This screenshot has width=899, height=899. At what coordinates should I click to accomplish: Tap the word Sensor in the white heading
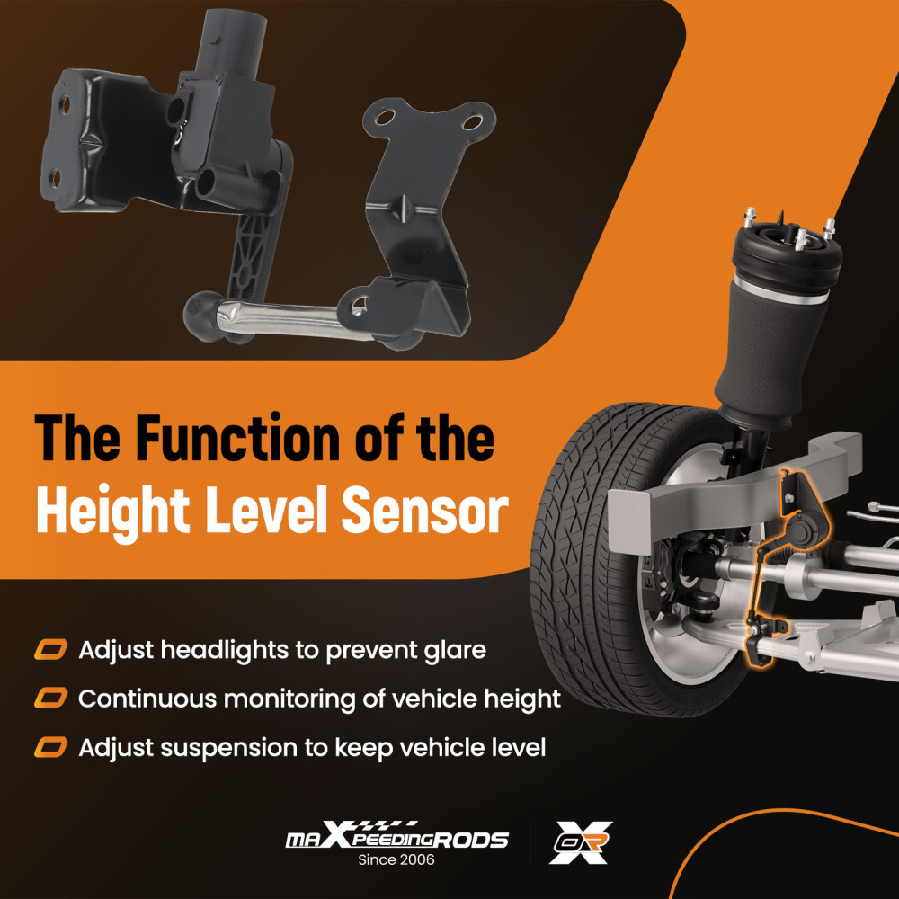(x=425, y=510)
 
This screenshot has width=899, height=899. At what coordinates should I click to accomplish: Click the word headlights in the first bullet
(x=224, y=650)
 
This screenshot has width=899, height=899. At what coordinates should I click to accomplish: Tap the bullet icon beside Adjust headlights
(x=50, y=650)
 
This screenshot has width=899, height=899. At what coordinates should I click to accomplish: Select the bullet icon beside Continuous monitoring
(x=50, y=699)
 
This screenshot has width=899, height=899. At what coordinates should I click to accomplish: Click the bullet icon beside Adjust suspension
(x=50, y=748)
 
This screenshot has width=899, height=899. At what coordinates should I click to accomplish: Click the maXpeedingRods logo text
(x=396, y=836)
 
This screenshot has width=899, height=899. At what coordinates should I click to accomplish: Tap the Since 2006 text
(x=396, y=859)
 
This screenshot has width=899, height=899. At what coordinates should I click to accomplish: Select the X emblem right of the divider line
(x=581, y=841)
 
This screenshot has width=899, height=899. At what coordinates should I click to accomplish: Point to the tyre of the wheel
(x=591, y=562)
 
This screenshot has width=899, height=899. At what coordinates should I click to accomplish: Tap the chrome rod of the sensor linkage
(x=280, y=318)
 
